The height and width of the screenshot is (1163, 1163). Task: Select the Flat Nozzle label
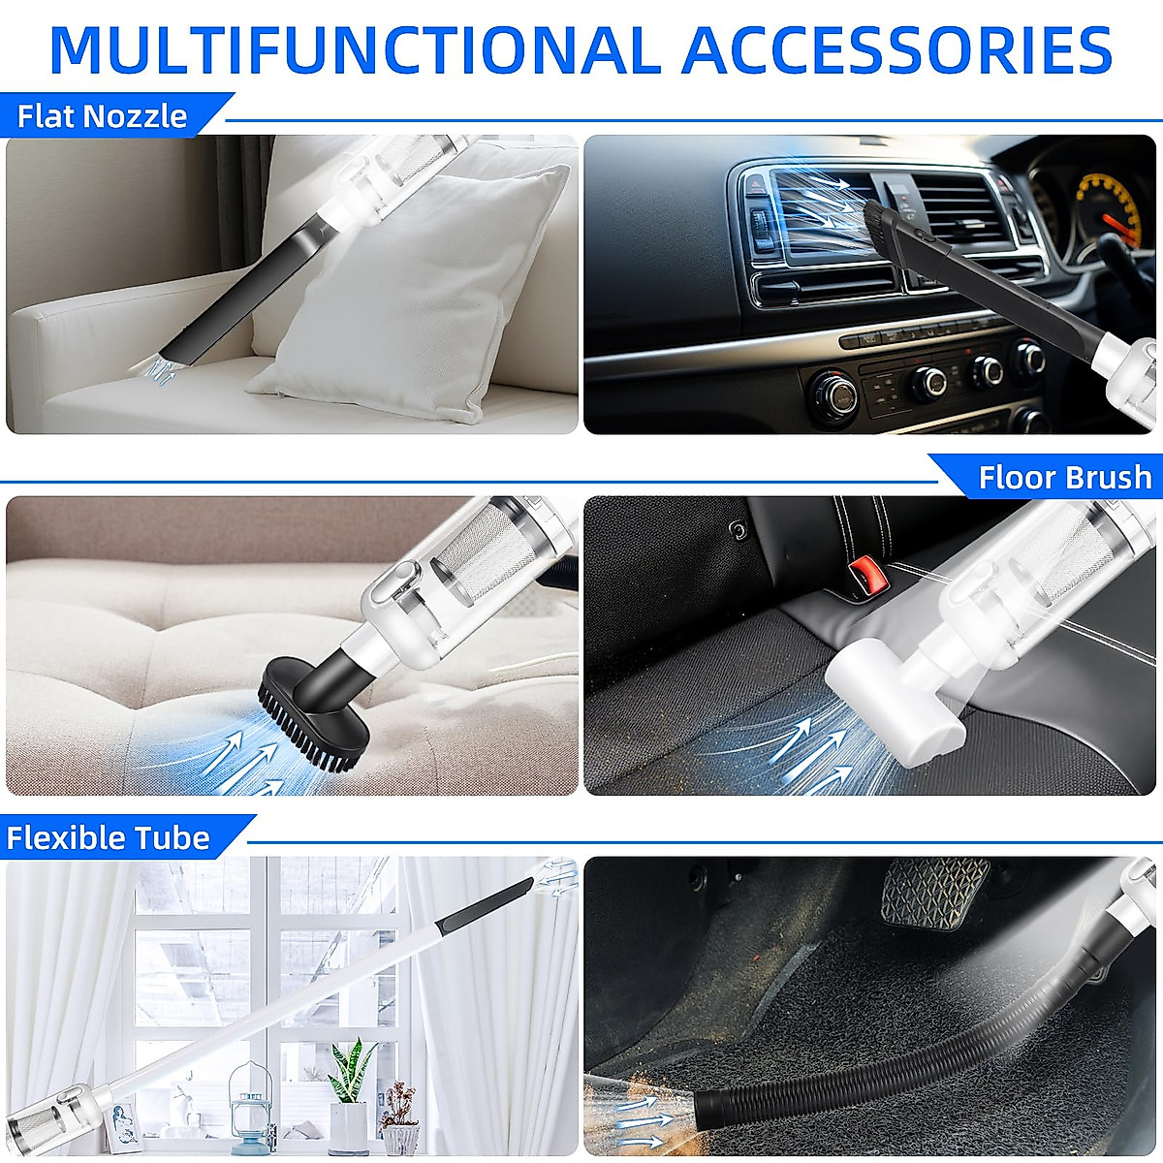pos(103,116)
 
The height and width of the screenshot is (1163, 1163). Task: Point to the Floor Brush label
pos(1064,478)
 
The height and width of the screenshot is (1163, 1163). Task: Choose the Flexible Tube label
pos(109,837)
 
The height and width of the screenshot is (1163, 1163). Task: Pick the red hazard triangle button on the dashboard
pos(753,183)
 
